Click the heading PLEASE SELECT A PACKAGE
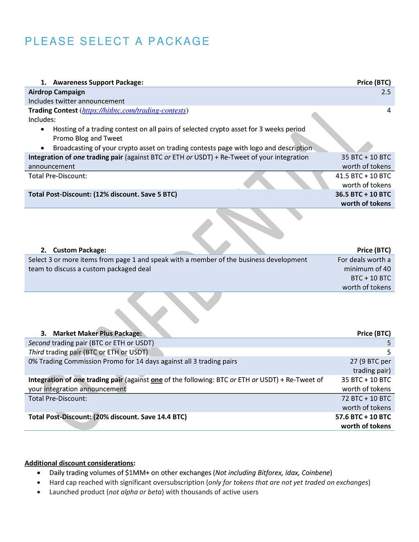(x=117, y=41)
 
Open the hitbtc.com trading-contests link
(x=134, y=110)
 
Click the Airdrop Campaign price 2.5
(x=386, y=92)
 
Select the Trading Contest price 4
(x=388, y=110)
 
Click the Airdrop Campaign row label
(x=56, y=92)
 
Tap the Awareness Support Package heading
(x=98, y=82)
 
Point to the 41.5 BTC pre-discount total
(x=363, y=176)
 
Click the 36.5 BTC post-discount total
(x=363, y=194)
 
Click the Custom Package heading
(x=79, y=250)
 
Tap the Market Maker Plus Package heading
(x=97, y=333)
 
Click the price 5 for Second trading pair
(x=388, y=343)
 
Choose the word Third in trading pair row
(x=36, y=352)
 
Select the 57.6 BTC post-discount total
(x=363, y=417)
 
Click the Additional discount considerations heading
(x=80, y=463)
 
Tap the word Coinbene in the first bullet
(x=315, y=473)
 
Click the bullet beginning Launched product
(x=153, y=492)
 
